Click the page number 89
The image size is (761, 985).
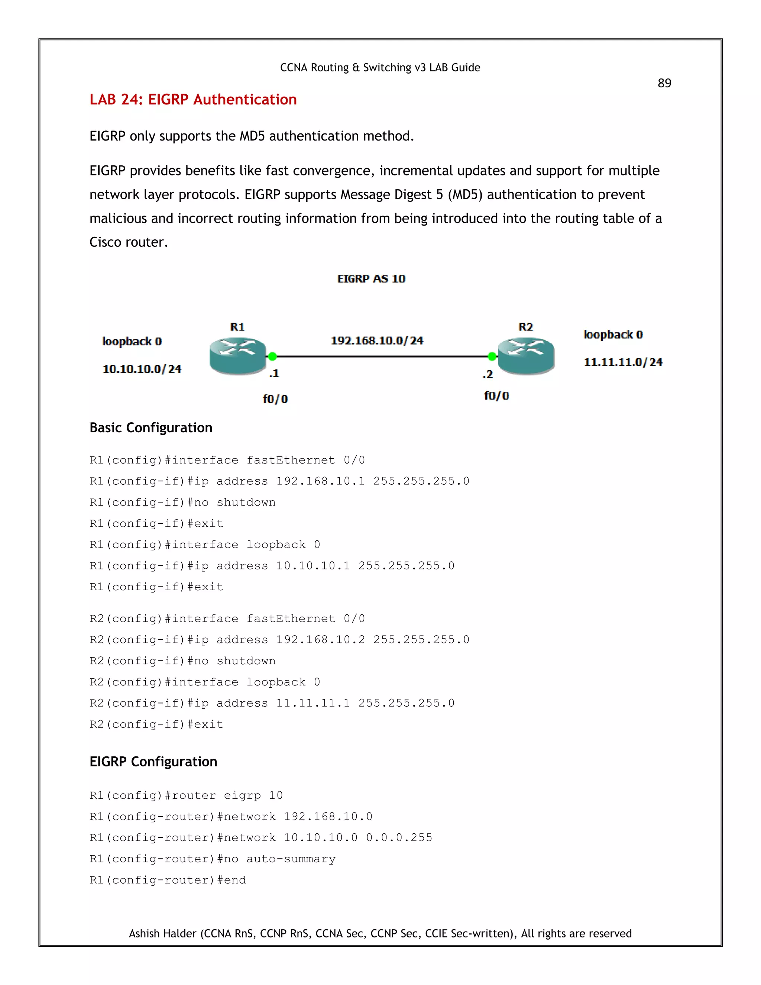coord(664,83)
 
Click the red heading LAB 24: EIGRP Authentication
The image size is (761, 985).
coord(193,99)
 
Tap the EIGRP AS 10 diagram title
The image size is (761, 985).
coord(371,279)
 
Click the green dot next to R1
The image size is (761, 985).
coord(272,356)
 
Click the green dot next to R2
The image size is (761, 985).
coord(492,356)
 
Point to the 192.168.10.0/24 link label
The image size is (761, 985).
coord(377,340)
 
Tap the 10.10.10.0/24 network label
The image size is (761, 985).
coord(142,369)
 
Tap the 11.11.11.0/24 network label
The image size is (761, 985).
coord(623,362)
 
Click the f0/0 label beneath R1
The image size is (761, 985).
coord(275,399)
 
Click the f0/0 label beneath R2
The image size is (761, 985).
coord(496,395)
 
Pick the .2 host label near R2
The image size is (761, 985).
coord(488,374)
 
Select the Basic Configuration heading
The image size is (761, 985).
coord(151,427)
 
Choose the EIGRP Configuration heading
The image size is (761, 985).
coord(153,761)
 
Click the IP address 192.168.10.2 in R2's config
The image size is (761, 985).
coord(321,640)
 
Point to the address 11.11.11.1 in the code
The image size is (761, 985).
coord(313,703)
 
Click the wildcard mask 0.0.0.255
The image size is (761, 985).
coord(399,837)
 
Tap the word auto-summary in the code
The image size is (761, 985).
coord(291,859)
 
